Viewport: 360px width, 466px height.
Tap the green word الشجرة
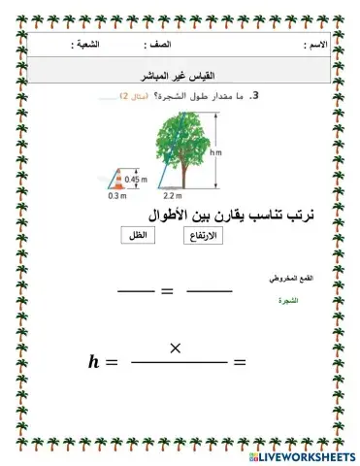(288, 301)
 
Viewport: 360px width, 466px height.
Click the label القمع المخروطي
(287, 278)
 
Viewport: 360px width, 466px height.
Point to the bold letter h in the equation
(94, 362)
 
